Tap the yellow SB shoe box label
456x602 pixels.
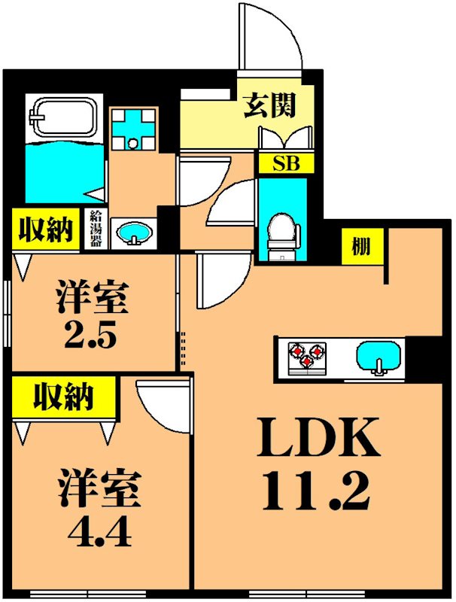click(282, 164)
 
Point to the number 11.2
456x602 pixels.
click(316, 491)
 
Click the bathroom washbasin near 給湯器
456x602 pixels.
click(134, 231)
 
